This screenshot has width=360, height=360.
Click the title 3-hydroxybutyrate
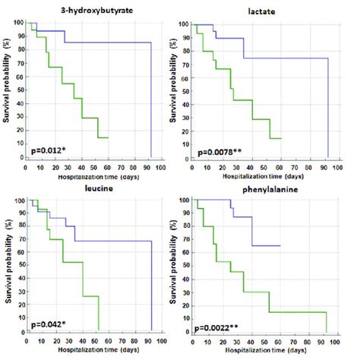pyautogui.click(x=90, y=8)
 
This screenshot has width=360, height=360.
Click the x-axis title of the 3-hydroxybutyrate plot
pyautogui.click(x=92, y=174)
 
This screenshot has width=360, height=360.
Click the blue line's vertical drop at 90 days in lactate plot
pyautogui.click(x=328, y=106)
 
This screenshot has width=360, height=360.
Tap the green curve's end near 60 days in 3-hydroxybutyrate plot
pyautogui.click(x=108, y=137)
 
